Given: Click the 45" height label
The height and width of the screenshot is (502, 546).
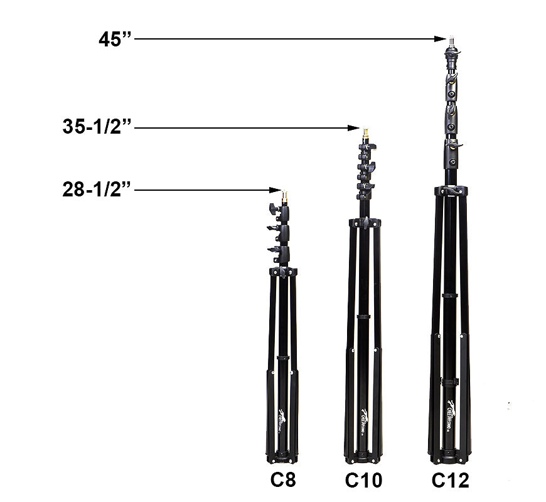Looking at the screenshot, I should pos(115,39).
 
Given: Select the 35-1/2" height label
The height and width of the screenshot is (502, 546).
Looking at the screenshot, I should pos(97,127).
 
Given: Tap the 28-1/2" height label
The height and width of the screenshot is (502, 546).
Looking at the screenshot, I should pos(97,190).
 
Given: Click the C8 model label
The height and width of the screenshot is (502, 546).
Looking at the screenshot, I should pos(283,479).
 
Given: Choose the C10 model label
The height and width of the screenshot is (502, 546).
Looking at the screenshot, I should pos(363,481).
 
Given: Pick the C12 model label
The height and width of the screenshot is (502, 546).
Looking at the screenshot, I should pos(450,481).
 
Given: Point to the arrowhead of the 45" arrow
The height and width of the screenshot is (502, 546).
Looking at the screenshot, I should pos(442,39).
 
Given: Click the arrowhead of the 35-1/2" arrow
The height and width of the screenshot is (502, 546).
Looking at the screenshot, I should pos(355,128).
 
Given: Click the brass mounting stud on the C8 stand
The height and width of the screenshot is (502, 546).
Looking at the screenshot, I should pos(284,198).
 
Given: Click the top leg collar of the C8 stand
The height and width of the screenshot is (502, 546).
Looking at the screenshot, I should pos(283,272).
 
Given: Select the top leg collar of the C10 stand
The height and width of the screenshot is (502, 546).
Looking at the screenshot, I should pos(365,223).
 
